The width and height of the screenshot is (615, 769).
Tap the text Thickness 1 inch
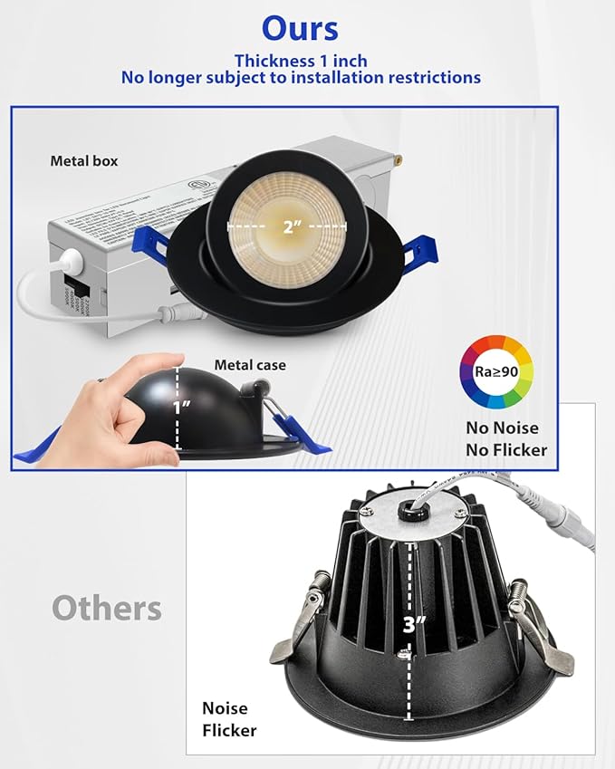tap(301, 62)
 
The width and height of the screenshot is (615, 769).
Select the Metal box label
tap(83, 161)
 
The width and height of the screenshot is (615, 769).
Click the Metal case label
tap(250, 365)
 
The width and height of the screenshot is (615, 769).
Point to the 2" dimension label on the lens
tap(291, 226)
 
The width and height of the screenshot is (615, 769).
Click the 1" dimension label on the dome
tap(181, 408)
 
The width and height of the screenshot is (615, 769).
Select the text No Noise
tap(503, 428)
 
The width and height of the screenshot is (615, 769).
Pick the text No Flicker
tap(506, 449)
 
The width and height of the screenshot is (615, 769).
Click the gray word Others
tap(107, 608)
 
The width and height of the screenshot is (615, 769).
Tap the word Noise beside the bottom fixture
tap(225, 708)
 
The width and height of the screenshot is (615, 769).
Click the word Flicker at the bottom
tap(229, 730)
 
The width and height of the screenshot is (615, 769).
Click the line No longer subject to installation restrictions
tap(301, 79)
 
